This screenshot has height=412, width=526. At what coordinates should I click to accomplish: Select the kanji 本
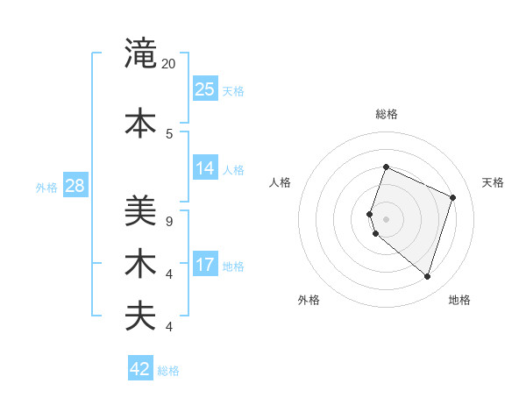(141, 123)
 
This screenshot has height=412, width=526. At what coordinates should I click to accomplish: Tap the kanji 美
(141, 211)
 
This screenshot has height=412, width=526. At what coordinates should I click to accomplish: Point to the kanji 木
(141, 263)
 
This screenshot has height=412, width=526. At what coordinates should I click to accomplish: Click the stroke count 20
(169, 63)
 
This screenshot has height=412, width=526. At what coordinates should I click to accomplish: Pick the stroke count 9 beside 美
(168, 221)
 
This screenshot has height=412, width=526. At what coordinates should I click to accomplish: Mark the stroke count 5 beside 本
(168, 133)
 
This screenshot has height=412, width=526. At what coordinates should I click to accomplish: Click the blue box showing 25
(205, 89)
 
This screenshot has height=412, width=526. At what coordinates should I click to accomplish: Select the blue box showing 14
(205, 168)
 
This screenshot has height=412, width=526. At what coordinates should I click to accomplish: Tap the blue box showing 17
(205, 264)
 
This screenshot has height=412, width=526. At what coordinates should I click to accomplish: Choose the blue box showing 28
(75, 185)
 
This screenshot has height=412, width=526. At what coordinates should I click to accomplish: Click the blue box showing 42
(140, 368)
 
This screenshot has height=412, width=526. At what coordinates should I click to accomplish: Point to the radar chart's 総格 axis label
(387, 114)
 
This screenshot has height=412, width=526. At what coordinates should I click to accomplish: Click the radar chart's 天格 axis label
(493, 182)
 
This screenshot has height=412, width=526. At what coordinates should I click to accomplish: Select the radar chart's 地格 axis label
(459, 300)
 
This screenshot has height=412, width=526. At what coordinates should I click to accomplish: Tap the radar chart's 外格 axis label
(309, 300)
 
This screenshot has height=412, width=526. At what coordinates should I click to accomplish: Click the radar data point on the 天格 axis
(453, 197)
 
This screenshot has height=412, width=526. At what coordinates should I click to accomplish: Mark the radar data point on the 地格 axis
(427, 276)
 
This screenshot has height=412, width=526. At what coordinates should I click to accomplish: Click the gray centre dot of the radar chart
(387, 219)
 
